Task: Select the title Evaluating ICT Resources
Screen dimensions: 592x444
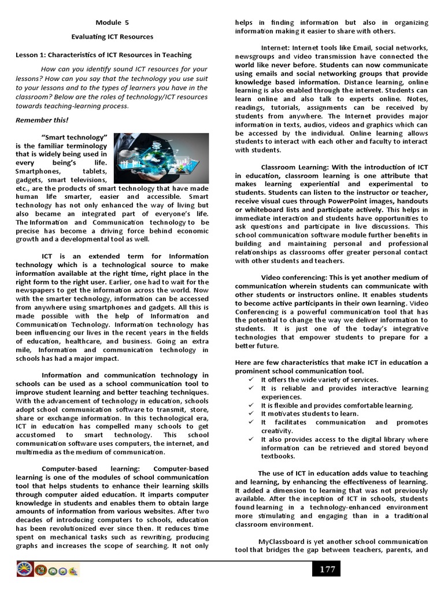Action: point(112,36)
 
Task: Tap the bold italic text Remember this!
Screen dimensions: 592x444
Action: point(42,120)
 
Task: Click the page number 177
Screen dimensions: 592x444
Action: point(327,569)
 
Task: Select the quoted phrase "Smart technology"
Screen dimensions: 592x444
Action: point(75,137)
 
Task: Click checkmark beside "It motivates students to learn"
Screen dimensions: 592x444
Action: point(251,413)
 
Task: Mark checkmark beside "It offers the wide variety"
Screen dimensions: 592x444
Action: point(251,379)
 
